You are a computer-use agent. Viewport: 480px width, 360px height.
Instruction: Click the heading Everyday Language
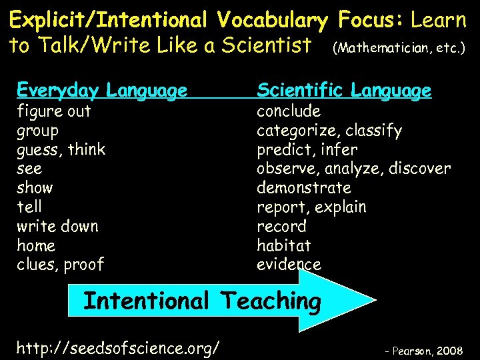tap(101, 90)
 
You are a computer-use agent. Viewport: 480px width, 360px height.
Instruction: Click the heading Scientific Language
tap(344, 90)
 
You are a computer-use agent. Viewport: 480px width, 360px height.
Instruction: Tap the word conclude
tap(289, 111)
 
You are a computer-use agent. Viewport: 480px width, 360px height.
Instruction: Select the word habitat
tap(284, 245)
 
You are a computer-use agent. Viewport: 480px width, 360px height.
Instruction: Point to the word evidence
tap(289, 265)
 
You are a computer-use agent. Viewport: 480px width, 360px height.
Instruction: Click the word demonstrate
tap(304, 187)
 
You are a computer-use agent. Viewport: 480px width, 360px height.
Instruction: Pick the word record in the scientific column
tap(281, 226)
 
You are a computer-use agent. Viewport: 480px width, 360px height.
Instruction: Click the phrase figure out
tap(53, 111)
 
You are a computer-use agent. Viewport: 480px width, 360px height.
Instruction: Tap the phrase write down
tap(57, 226)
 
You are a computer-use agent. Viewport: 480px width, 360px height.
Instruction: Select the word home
tap(36, 245)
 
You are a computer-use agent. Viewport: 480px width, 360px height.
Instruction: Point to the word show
tap(35, 187)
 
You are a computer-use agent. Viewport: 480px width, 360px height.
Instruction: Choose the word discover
tap(421, 169)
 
